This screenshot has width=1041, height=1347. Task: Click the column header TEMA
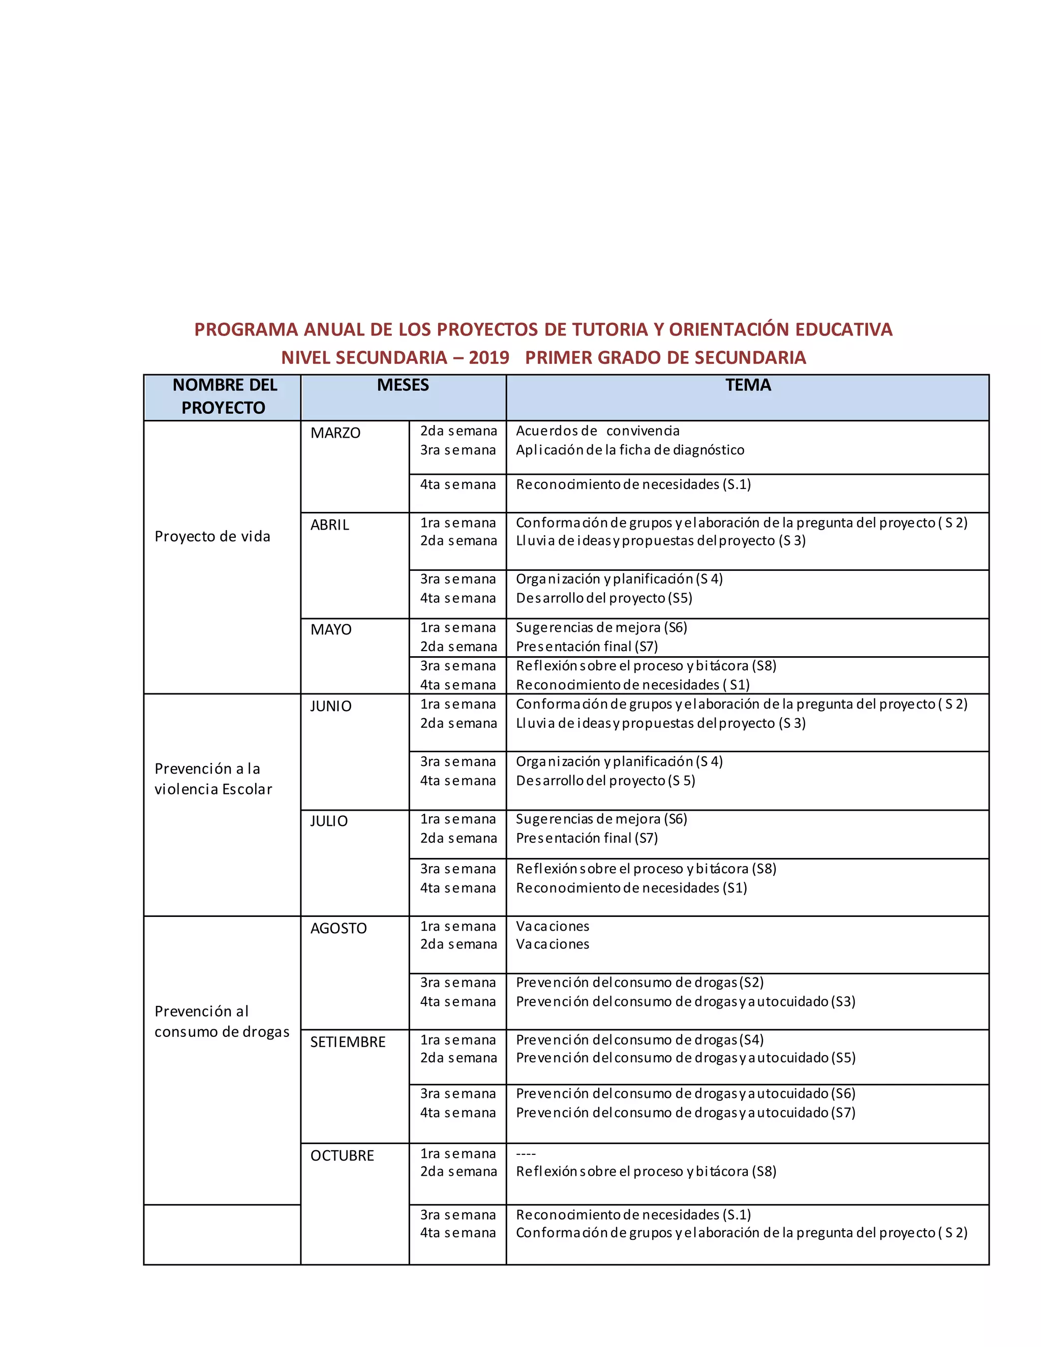tap(747, 385)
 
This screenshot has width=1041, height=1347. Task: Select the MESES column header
tap(403, 385)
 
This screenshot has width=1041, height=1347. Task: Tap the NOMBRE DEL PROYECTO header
tap(224, 396)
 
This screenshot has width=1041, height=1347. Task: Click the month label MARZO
tap(335, 433)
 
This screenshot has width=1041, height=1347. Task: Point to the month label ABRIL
tap(329, 525)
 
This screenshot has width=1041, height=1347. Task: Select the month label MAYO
tap(330, 630)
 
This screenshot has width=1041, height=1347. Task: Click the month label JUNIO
tap(330, 706)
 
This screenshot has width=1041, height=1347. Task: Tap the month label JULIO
tap(329, 821)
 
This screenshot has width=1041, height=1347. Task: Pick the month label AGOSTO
tap(338, 928)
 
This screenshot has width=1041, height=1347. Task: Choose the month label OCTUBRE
tap(342, 1155)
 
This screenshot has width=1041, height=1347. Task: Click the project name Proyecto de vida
tap(212, 537)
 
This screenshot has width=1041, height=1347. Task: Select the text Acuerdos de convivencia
tap(597, 431)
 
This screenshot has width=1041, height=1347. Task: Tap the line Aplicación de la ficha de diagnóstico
tap(630, 450)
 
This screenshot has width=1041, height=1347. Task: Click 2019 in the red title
tap(488, 358)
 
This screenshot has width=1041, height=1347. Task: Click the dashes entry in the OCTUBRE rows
tap(526, 1154)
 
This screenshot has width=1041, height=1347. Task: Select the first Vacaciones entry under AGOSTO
tap(552, 926)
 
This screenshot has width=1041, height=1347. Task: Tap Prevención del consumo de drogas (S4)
tap(639, 1040)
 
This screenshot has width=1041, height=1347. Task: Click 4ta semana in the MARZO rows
tap(457, 485)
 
